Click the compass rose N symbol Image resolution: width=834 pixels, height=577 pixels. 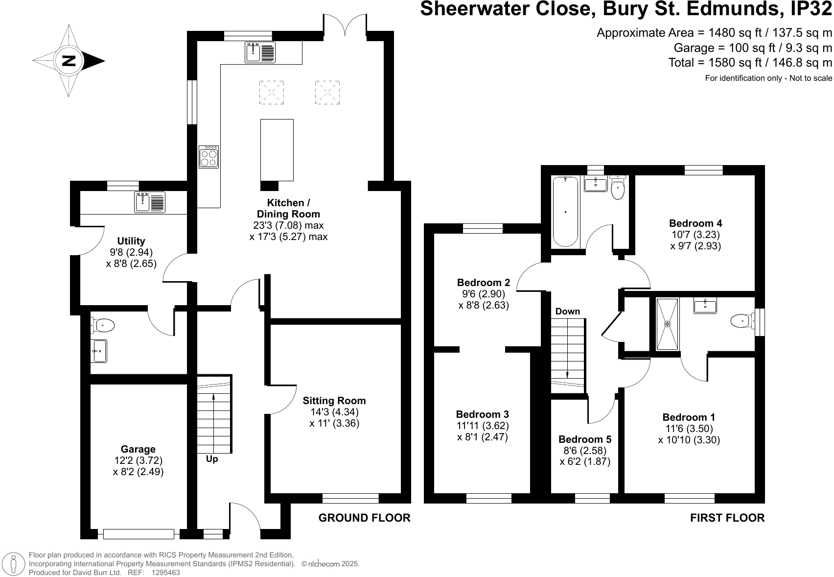point(69,61)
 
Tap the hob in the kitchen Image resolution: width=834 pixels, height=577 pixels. point(209,157)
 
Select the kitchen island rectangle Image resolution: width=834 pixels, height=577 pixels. point(277,150)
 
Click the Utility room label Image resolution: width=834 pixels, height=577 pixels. point(131,241)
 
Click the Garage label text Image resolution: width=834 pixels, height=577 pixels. point(138,449)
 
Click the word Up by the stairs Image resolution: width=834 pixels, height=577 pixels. point(212,459)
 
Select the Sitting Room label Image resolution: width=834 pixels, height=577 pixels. point(334,401)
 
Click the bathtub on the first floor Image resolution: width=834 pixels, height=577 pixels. point(565,212)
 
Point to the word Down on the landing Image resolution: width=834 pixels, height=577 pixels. point(568,312)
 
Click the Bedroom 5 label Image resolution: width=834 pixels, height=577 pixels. point(585,439)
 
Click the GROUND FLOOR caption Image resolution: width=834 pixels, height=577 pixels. point(364,518)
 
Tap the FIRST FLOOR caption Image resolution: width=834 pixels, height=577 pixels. point(727,518)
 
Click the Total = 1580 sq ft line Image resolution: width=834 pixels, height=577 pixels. point(750,63)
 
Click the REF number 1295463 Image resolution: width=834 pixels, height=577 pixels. point(166,572)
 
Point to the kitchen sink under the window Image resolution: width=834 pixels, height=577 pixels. point(260,52)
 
